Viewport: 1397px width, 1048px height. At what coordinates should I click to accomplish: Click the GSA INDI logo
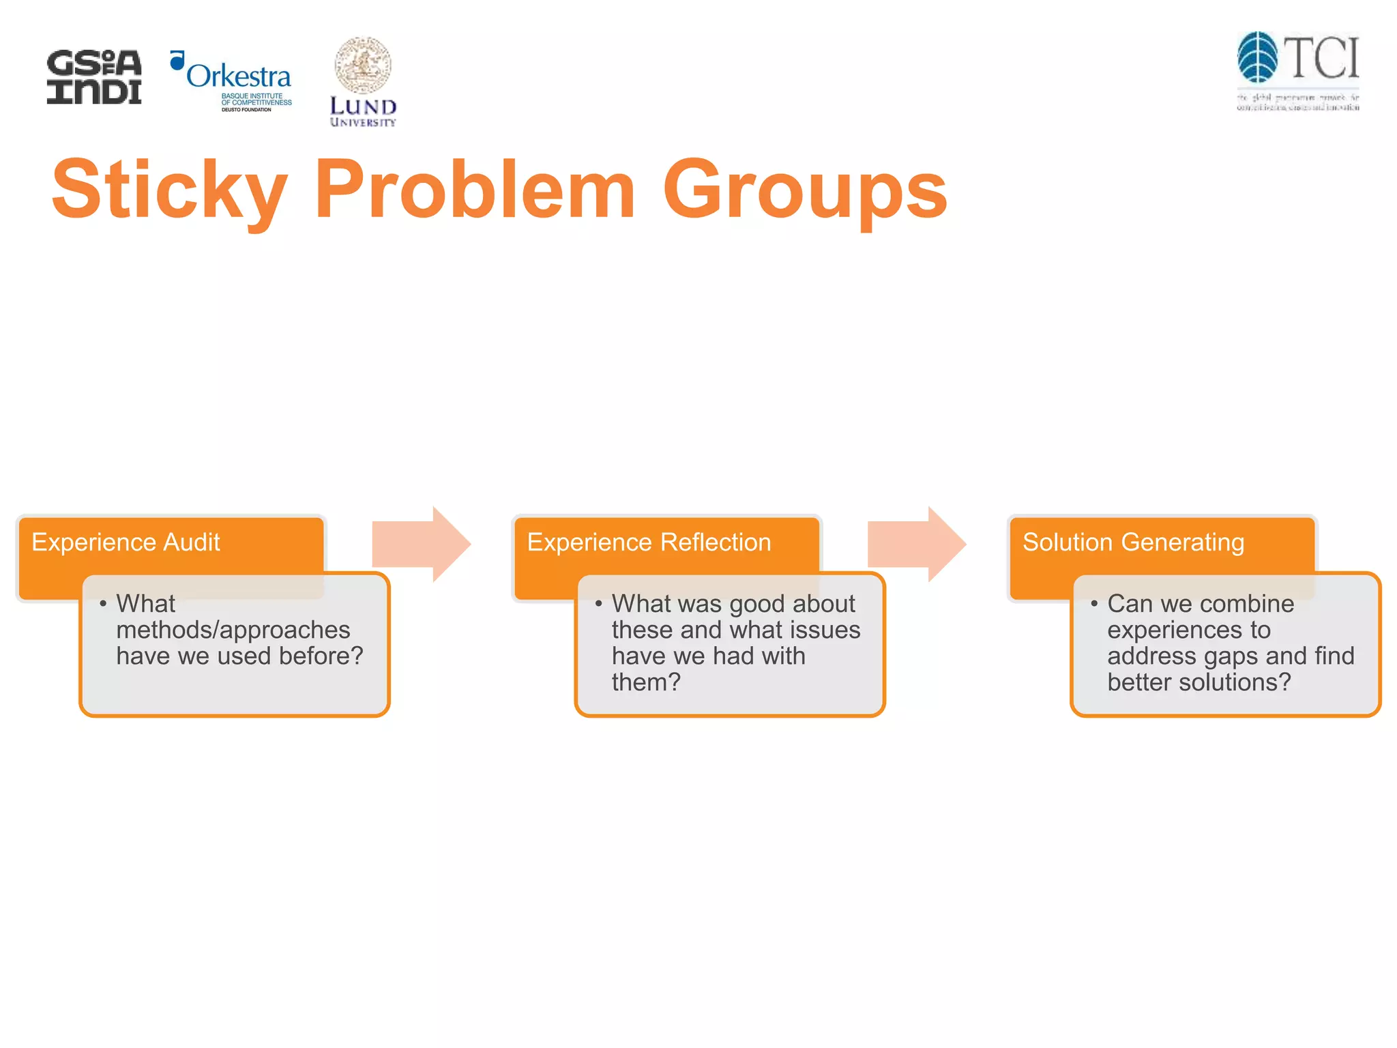[94, 76]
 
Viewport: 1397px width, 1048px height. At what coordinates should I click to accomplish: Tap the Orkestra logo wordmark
[238, 76]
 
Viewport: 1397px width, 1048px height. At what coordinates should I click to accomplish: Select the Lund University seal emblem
[363, 65]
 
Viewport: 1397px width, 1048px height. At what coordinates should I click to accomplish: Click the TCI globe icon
[1257, 57]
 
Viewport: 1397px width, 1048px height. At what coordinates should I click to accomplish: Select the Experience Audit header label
[126, 542]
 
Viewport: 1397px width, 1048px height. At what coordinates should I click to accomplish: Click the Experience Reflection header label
[649, 542]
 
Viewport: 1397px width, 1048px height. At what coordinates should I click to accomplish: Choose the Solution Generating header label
[1133, 542]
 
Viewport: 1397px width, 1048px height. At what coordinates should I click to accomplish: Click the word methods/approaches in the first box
[233, 630]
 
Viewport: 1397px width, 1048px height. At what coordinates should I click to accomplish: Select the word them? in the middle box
[645, 682]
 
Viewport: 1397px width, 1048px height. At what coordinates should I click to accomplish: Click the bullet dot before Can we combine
[1093, 604]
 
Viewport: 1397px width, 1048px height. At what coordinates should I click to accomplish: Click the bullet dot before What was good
[598, 604]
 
